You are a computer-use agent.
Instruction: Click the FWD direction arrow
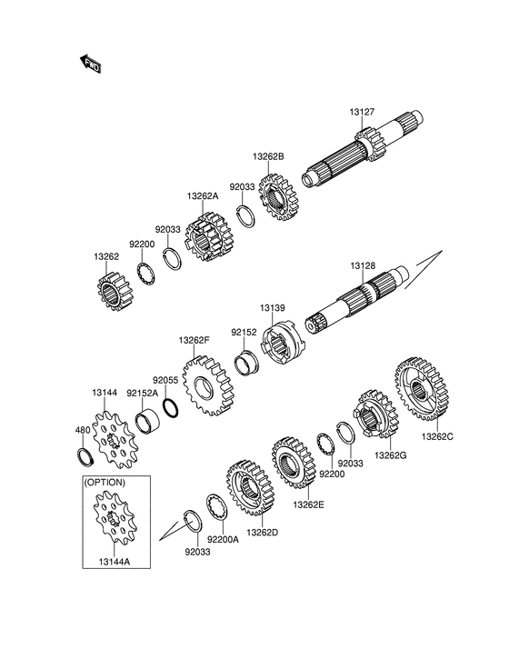91,64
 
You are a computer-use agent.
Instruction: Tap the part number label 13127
362,112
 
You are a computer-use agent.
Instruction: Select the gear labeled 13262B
278,197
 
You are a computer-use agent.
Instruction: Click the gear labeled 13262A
208,237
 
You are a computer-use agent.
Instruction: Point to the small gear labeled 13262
115,291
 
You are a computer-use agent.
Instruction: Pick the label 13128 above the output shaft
364,266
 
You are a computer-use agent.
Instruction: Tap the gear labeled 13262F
207,385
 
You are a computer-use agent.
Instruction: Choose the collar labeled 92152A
147,422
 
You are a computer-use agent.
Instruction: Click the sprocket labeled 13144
113,440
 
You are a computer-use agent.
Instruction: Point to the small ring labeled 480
86,457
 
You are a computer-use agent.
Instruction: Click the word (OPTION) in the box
105,483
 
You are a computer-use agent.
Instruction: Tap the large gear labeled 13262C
422,389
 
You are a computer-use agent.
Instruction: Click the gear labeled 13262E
294,463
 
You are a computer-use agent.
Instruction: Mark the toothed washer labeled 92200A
218,507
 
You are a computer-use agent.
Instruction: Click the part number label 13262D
263,533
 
